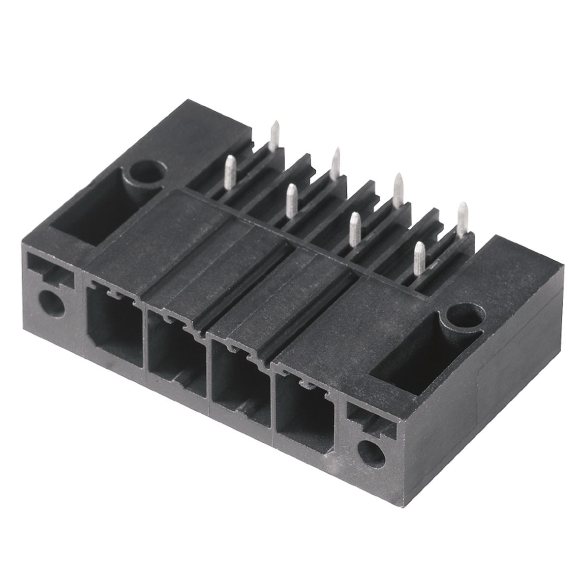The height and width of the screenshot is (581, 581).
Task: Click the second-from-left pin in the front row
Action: [x=291, y=199]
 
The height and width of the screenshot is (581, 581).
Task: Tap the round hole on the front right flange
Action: [x=372, y=451]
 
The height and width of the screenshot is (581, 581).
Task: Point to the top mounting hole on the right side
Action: [x=464, y=316]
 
